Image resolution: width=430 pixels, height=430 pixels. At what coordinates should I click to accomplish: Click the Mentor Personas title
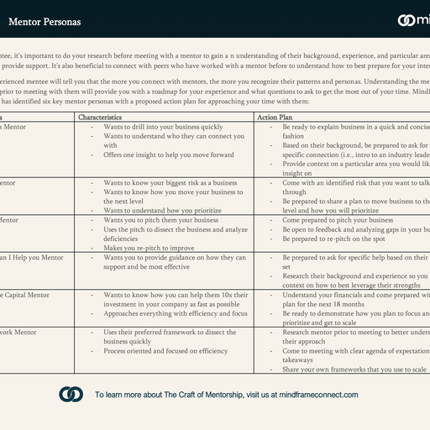40,20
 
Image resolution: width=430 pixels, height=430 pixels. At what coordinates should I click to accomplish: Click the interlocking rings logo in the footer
71,394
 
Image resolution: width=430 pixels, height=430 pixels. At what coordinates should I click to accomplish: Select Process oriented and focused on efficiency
165,351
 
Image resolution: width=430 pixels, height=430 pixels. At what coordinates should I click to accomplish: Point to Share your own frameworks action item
353,370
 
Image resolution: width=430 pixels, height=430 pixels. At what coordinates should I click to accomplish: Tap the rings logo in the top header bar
405,20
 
